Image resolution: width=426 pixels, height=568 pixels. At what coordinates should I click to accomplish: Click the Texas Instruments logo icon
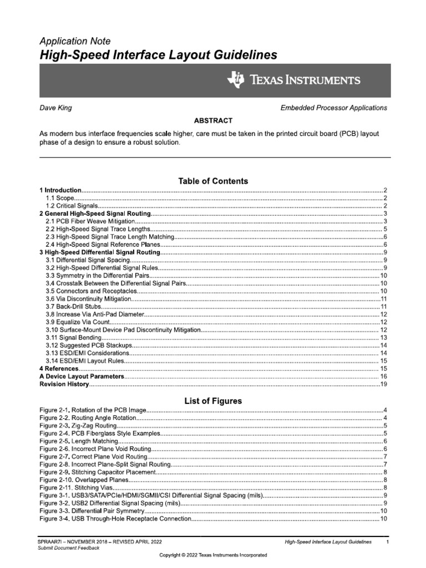point(235,80)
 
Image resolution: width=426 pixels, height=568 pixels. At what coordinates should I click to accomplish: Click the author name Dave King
point(55,108)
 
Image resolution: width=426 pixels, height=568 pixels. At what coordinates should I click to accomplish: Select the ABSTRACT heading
point(213,120)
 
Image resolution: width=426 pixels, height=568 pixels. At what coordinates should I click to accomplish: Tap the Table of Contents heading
point(213,181)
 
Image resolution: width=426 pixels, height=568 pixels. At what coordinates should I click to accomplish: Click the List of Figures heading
point(213,401)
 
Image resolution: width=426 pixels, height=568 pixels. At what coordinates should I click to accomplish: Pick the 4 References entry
point(59,368)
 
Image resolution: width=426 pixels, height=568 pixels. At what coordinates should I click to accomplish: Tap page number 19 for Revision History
point(383,384)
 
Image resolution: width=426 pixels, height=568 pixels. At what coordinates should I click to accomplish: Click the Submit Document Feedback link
point(69,548)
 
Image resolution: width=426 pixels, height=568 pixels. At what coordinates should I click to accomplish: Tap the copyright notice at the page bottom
point(213,555)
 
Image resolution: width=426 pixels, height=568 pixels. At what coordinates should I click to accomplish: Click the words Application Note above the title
point(75,42)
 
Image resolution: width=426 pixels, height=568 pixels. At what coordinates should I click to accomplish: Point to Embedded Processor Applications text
point(334,108)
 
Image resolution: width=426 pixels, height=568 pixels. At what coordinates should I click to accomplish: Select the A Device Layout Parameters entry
point(81,376)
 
